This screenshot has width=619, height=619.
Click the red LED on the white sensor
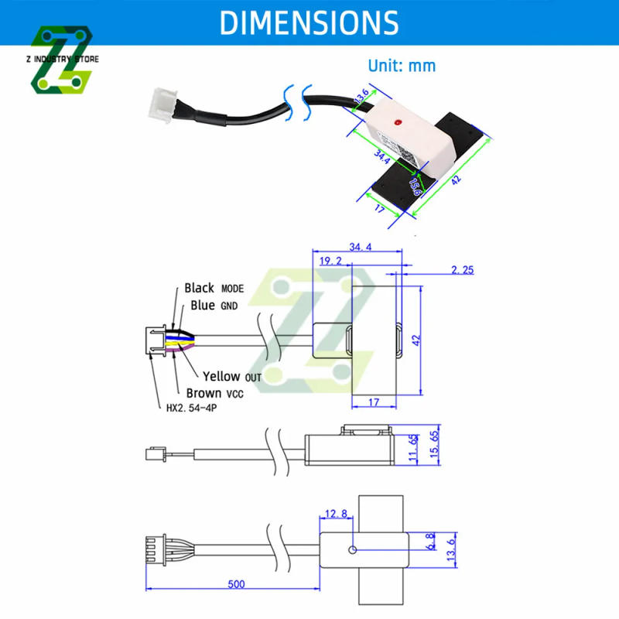pos(398,123)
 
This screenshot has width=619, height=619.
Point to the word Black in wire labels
pos(199,288)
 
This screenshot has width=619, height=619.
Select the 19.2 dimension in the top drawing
pos(330,262)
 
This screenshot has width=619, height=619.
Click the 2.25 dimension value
pos(461,270)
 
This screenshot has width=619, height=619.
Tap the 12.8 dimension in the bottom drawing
pos(336,513)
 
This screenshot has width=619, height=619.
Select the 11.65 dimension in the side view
pos(413,447)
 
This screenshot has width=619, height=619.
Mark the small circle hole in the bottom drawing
pos(353,551)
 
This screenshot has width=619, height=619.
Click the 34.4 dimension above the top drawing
pos(360,248)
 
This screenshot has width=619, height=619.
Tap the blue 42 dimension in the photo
pos(456,180)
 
